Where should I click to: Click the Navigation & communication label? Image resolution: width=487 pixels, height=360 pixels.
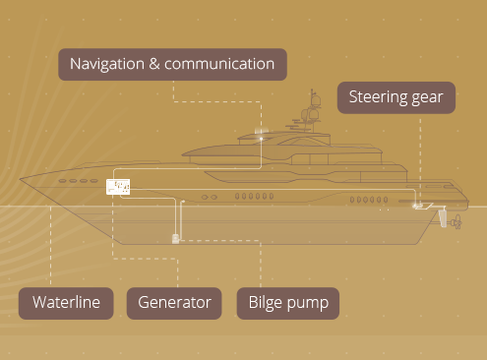click(172, 64)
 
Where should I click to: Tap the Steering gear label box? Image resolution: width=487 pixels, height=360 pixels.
click(396, 97)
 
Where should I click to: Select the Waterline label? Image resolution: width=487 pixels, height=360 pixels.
click(66, 303)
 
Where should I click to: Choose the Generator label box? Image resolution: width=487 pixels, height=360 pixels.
click(174, 303)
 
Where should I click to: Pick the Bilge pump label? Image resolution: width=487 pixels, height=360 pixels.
click(288, 303)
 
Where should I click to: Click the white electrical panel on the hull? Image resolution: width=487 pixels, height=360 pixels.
click(118, 187)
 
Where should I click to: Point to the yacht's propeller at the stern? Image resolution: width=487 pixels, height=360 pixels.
click(457, 222)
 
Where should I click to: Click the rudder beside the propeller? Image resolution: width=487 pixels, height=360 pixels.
click(443, 218)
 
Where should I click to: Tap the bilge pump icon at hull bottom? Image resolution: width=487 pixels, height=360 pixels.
click(175, 239)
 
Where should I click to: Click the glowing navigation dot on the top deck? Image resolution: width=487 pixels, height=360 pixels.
click(261, 139)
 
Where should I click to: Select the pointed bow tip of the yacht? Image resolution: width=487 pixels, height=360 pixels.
click(20, 179)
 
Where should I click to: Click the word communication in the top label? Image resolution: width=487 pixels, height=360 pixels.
click(219, 64)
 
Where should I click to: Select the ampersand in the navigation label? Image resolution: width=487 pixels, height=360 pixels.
click(154, 64)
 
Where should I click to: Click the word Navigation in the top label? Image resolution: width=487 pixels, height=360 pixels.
click(107, 65)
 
